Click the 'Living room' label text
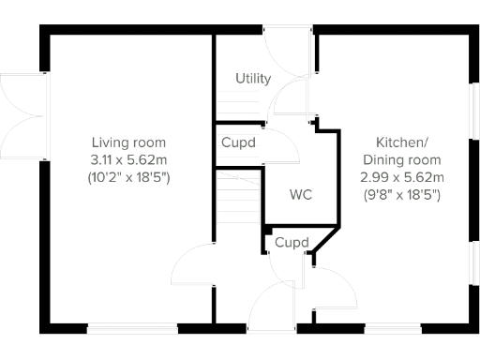129,142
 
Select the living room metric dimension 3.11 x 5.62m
129,159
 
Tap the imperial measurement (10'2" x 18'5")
129,176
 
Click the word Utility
253,79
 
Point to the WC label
301,195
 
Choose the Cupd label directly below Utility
239,143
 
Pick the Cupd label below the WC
292,243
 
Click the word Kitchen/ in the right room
401,142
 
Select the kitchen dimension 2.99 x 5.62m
401,176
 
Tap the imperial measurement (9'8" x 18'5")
401,194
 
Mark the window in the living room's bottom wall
132,328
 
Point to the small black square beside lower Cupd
267,229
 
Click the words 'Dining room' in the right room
401,159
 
